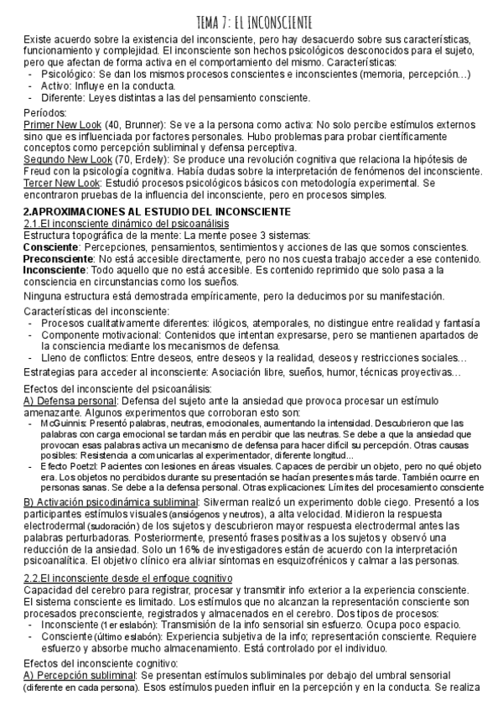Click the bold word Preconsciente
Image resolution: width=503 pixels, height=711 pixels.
tap(58, 259)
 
